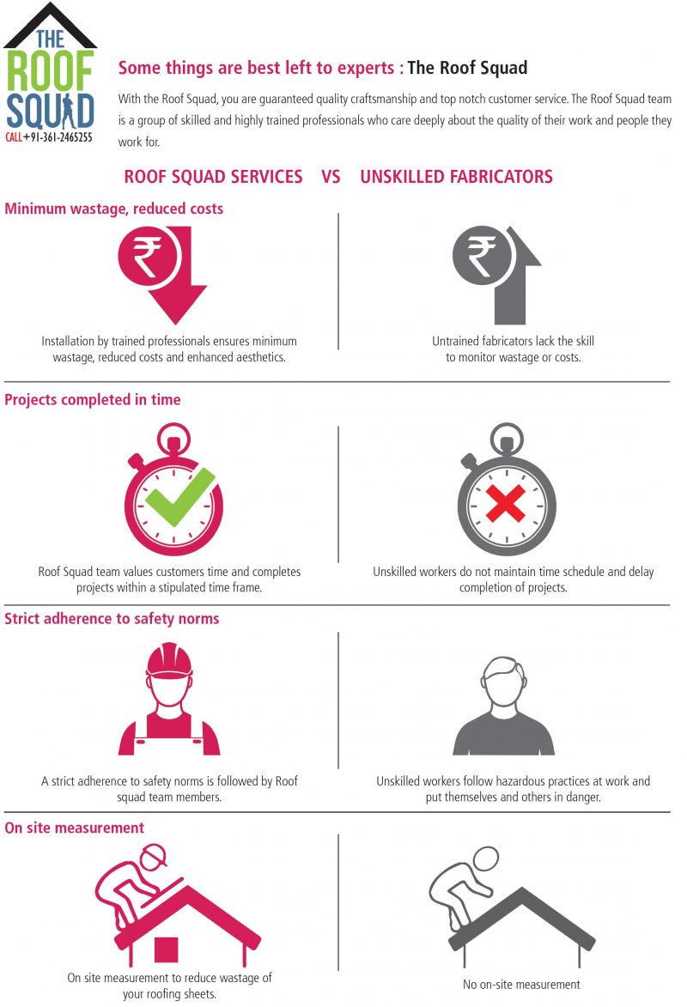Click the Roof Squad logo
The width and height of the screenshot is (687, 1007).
(50, 73)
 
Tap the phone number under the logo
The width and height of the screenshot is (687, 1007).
(49, 137)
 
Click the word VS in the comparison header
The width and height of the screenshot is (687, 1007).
(331, 177)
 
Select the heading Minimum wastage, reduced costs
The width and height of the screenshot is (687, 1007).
(113, 209)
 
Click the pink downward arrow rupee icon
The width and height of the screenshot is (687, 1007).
(162, 274)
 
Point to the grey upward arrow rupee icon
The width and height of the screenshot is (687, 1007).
(496, 274)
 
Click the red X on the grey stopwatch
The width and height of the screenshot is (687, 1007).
(506, 503)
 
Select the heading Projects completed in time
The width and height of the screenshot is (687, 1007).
(93, 399)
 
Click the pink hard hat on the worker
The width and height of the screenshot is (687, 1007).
(169, 660)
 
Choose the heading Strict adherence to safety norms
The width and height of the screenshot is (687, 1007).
(112, 618)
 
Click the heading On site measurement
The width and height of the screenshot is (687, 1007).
(75, 828)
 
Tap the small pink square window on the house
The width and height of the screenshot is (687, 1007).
(166, 949)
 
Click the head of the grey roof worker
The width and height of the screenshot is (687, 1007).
(486, 858)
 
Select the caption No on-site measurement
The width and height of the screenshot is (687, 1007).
(521, 985)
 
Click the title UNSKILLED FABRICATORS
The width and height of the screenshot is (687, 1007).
(456, 177)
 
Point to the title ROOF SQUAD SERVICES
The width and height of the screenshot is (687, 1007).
(213, 177)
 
